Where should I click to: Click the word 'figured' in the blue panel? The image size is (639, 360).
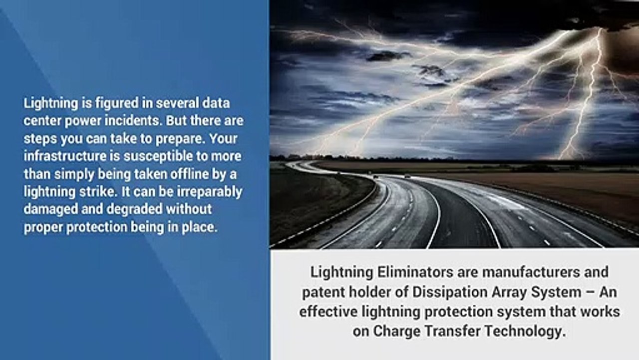point(117,103)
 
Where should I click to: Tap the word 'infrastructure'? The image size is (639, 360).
point(65,156)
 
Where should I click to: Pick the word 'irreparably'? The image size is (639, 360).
point(210,192)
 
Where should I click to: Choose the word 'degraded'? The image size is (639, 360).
point(135,209)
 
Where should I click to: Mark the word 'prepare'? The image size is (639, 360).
point(180,139)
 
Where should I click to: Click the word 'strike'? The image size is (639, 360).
point(98,191)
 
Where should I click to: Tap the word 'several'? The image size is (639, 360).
point(177,103)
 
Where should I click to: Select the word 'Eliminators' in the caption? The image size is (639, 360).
point(415,272)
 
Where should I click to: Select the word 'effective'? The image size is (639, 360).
point(328,311)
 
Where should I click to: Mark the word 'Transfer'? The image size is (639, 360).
point(453,331)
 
